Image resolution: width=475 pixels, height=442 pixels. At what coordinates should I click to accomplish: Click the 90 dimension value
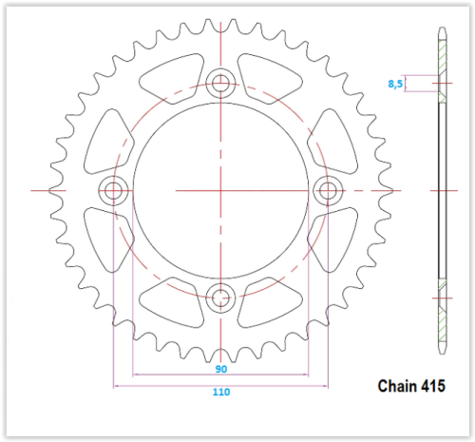[221, 369]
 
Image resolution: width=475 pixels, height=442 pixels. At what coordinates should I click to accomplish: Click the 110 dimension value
[221, 392]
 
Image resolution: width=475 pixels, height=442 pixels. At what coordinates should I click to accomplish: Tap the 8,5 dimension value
[395, 84]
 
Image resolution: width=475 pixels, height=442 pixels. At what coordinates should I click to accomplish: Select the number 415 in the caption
[433, 386]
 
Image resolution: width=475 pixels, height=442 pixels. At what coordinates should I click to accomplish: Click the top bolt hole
[220, 84]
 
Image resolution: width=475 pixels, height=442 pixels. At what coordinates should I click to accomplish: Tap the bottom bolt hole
[220, 298]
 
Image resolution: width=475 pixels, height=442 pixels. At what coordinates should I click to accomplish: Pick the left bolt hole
[113, 191]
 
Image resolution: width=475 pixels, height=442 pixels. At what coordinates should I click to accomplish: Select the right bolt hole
[328, 191]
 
